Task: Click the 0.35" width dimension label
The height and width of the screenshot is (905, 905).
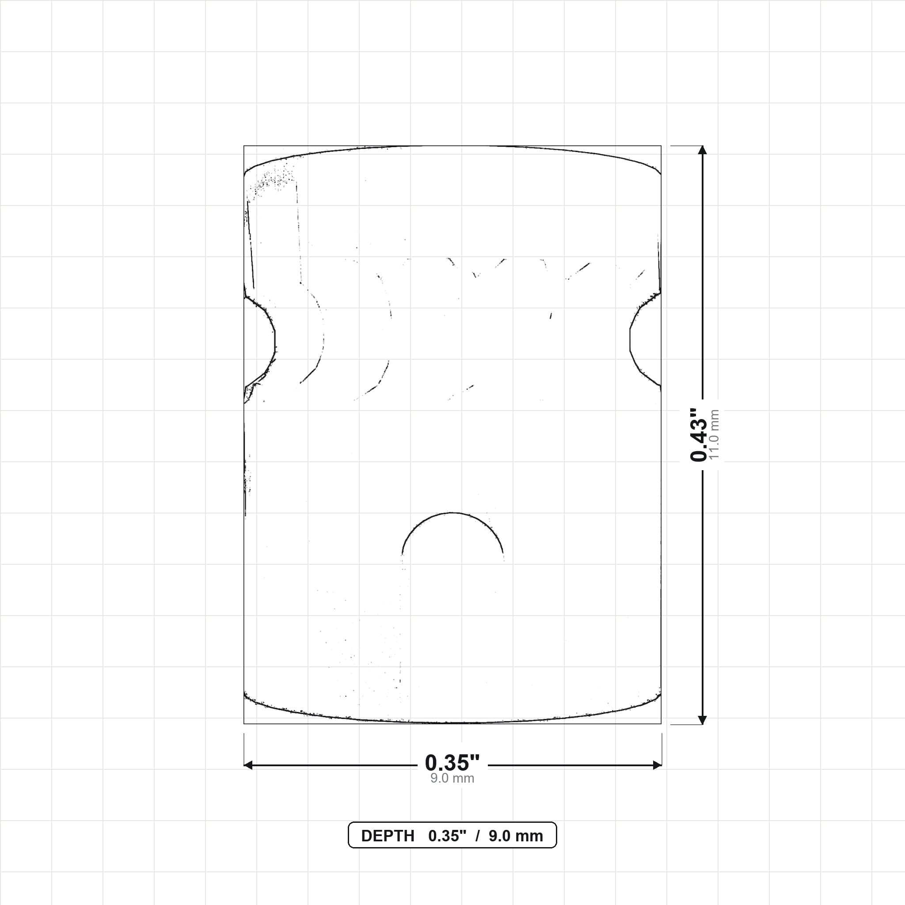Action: tap(452, 763)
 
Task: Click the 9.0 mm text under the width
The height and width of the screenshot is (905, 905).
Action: tap(452, 778)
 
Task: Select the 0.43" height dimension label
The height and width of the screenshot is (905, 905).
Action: tap(699, 434)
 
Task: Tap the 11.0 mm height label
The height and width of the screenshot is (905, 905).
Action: tap(714, 434)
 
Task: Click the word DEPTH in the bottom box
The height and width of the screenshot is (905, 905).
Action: tap(388, 836)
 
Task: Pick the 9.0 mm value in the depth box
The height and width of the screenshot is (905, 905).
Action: tap(516, 836)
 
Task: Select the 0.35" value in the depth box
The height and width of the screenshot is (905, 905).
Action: tap(447, 836)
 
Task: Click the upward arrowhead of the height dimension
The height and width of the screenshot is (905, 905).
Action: tap(702, 150)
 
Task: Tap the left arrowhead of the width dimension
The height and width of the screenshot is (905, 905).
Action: tap(248, 765)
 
